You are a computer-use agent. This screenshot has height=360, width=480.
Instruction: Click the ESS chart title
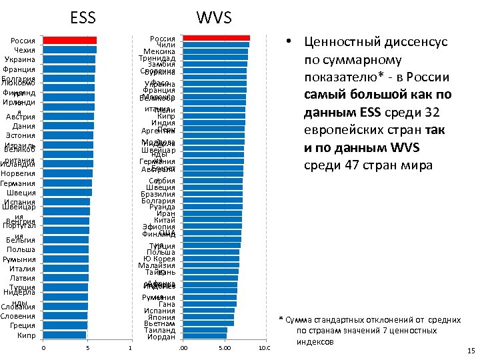coord(83,17)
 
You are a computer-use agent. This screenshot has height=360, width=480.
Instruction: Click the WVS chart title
coord(212,17)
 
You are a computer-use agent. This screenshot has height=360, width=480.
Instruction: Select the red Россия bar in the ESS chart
coord(69,41)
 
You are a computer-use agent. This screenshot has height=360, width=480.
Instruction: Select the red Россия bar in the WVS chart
coord(216,38)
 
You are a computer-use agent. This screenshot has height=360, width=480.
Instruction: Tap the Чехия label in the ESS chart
coord(24,50)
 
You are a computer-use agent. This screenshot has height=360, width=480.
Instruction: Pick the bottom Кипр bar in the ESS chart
coord(64,335)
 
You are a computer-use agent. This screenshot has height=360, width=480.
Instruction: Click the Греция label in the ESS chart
coord(23,325)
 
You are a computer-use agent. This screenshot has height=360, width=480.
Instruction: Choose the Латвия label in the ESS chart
coord(23,278)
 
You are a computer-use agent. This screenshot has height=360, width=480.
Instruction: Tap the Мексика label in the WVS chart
coord(160,51)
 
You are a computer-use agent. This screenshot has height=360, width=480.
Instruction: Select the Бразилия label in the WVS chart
coord(159,194)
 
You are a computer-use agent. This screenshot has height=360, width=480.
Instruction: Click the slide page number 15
coord(471,351)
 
